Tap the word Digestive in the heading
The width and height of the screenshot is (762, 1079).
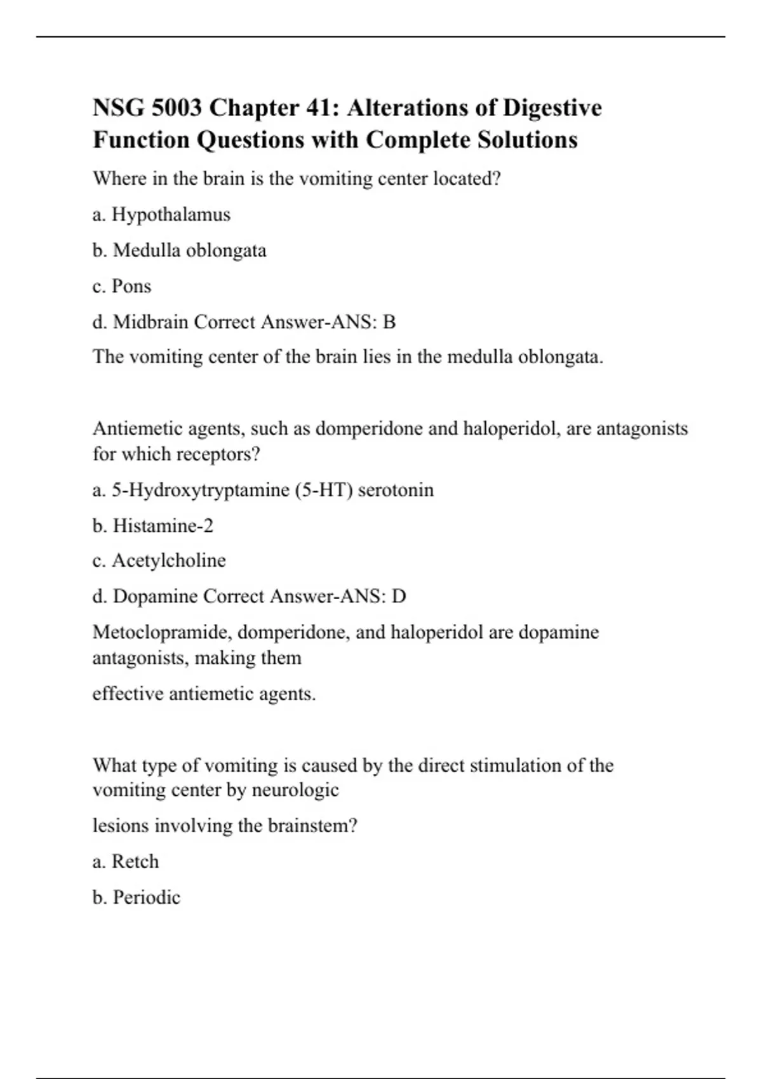click(552, 108)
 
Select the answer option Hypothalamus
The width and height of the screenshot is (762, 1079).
click(171, 215)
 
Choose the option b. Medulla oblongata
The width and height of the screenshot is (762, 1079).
click(180, 250)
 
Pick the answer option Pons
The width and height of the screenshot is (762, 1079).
click(131, 286)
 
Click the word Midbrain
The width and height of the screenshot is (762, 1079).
click(150, 322)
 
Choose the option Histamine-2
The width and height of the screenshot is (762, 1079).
click(163, 526)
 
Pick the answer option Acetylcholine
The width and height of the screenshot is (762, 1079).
click(169, 560)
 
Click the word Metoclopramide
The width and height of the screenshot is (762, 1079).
click(162, 632)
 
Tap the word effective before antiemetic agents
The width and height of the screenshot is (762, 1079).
click(128, 694)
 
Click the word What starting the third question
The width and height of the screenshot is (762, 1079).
click(114, 765)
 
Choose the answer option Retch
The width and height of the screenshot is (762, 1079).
click(135, 861)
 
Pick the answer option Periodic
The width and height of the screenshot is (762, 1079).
click(146, 897)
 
